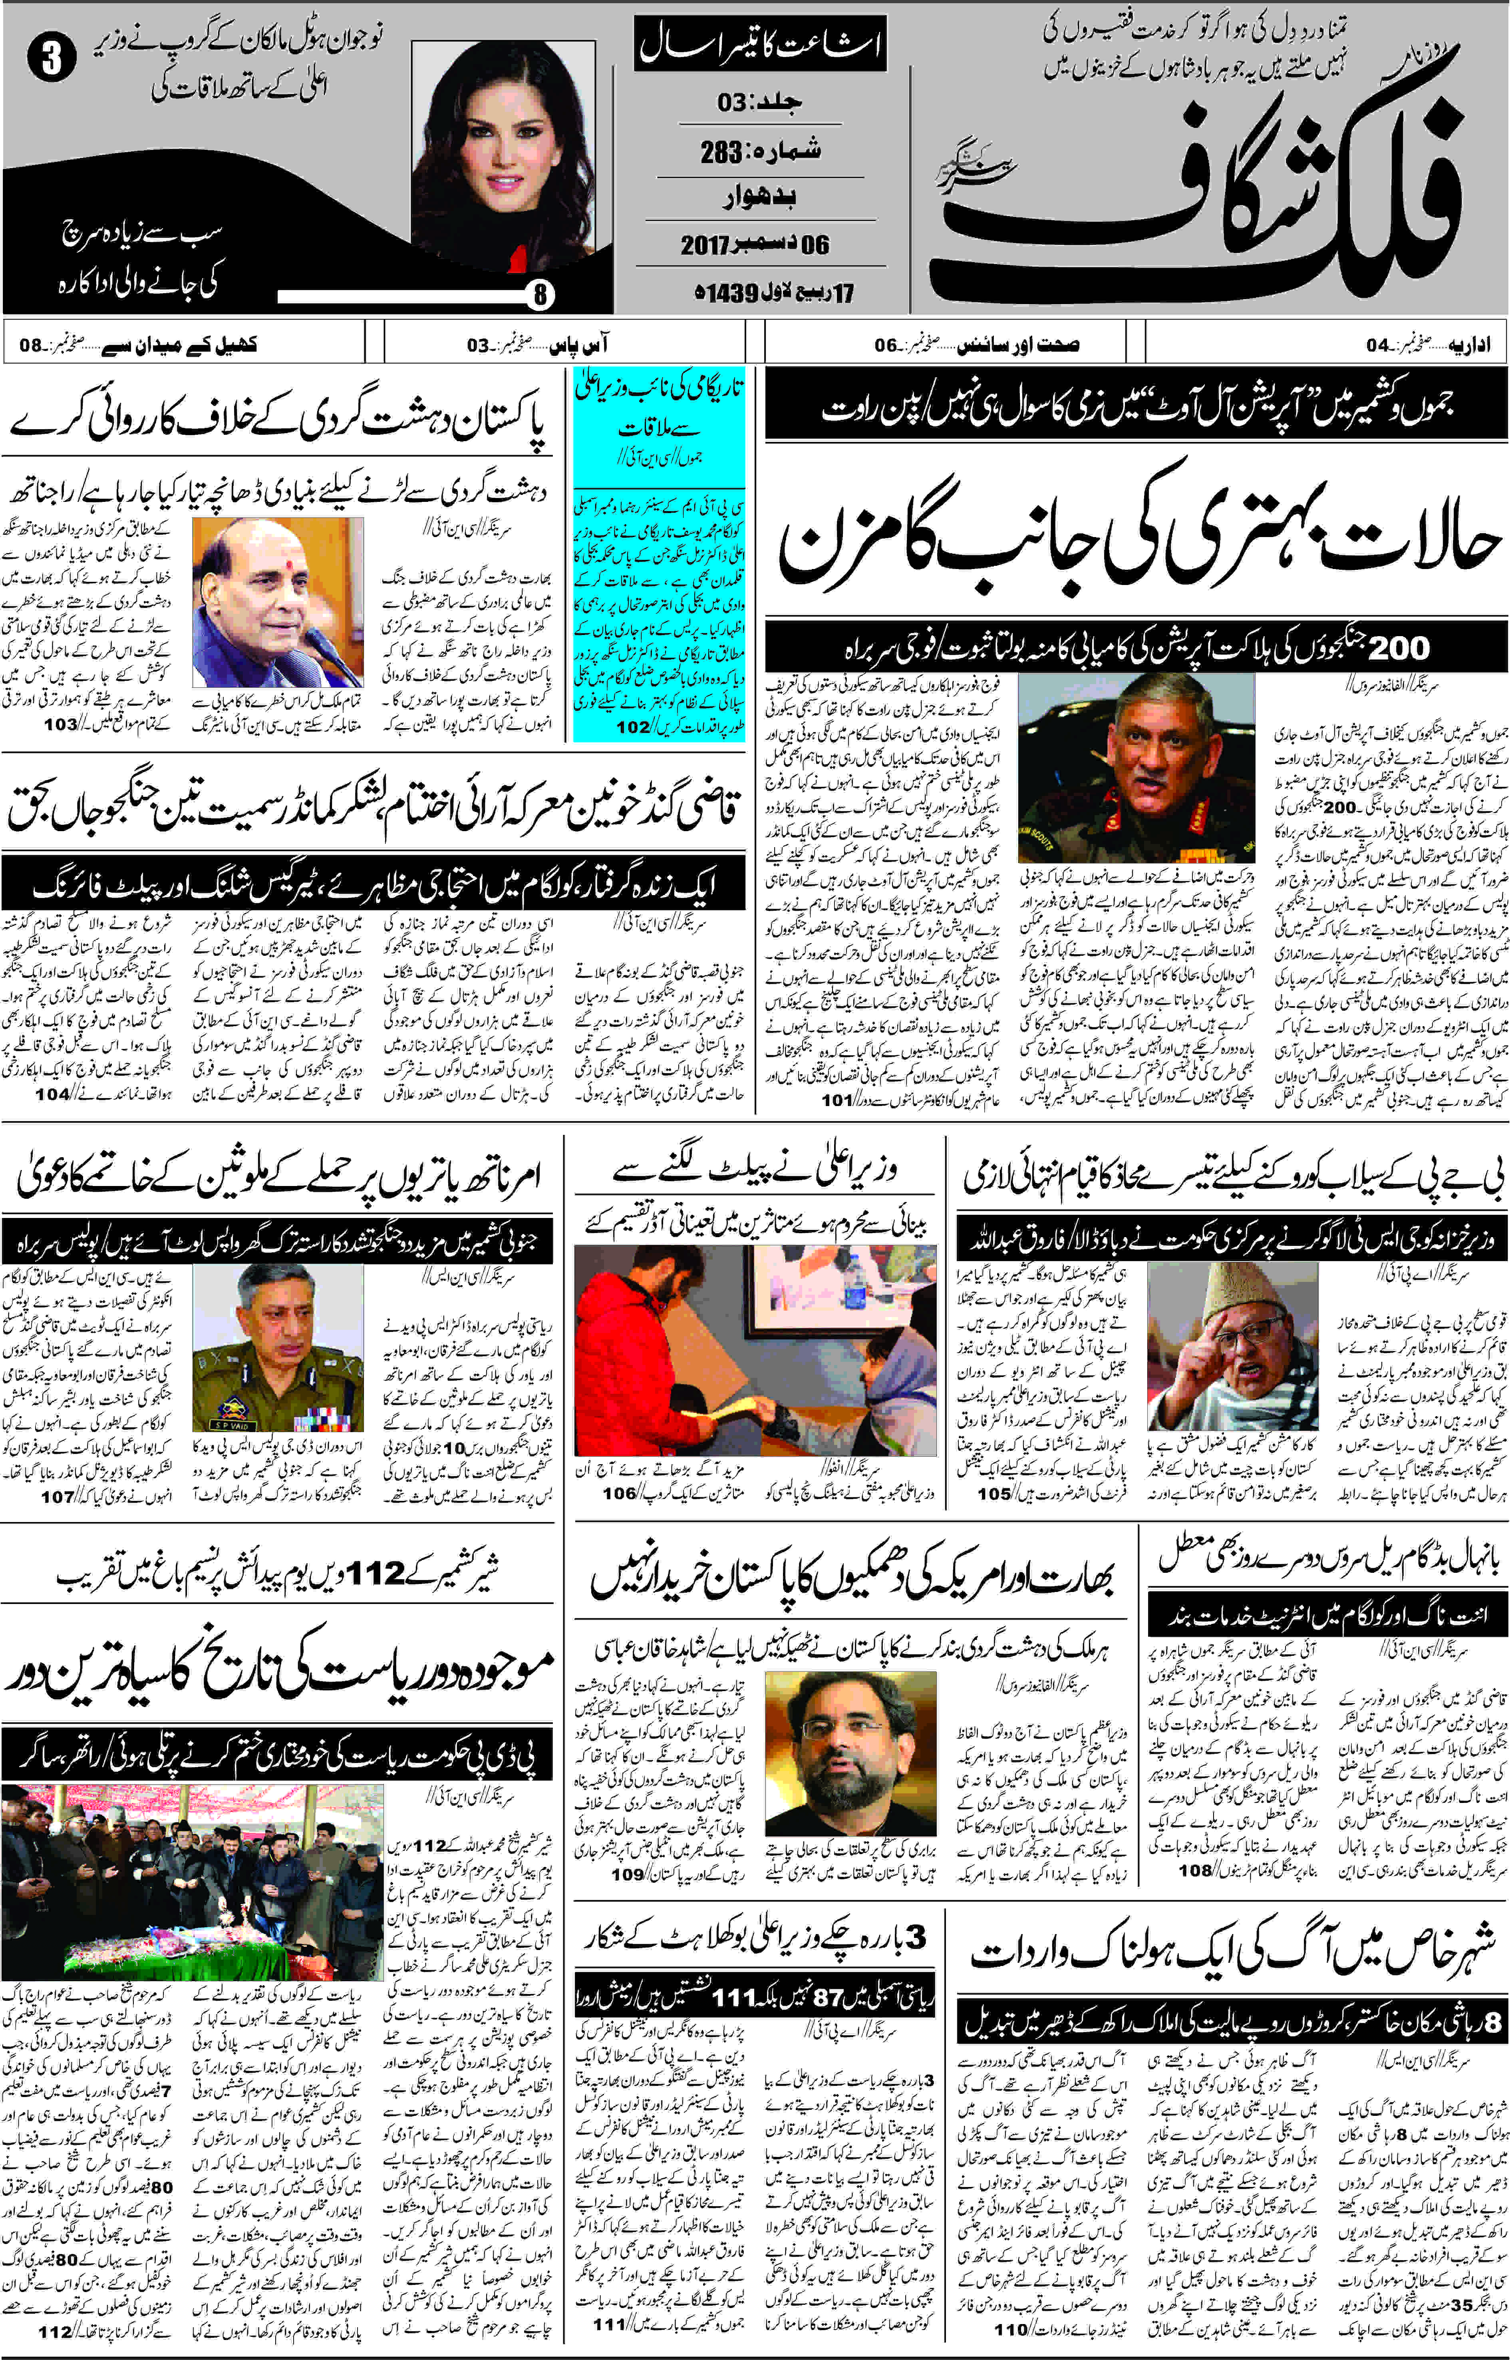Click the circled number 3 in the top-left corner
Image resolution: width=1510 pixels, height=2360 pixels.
coord(51,59)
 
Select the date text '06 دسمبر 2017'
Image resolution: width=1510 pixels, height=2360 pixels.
coord(755,244)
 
